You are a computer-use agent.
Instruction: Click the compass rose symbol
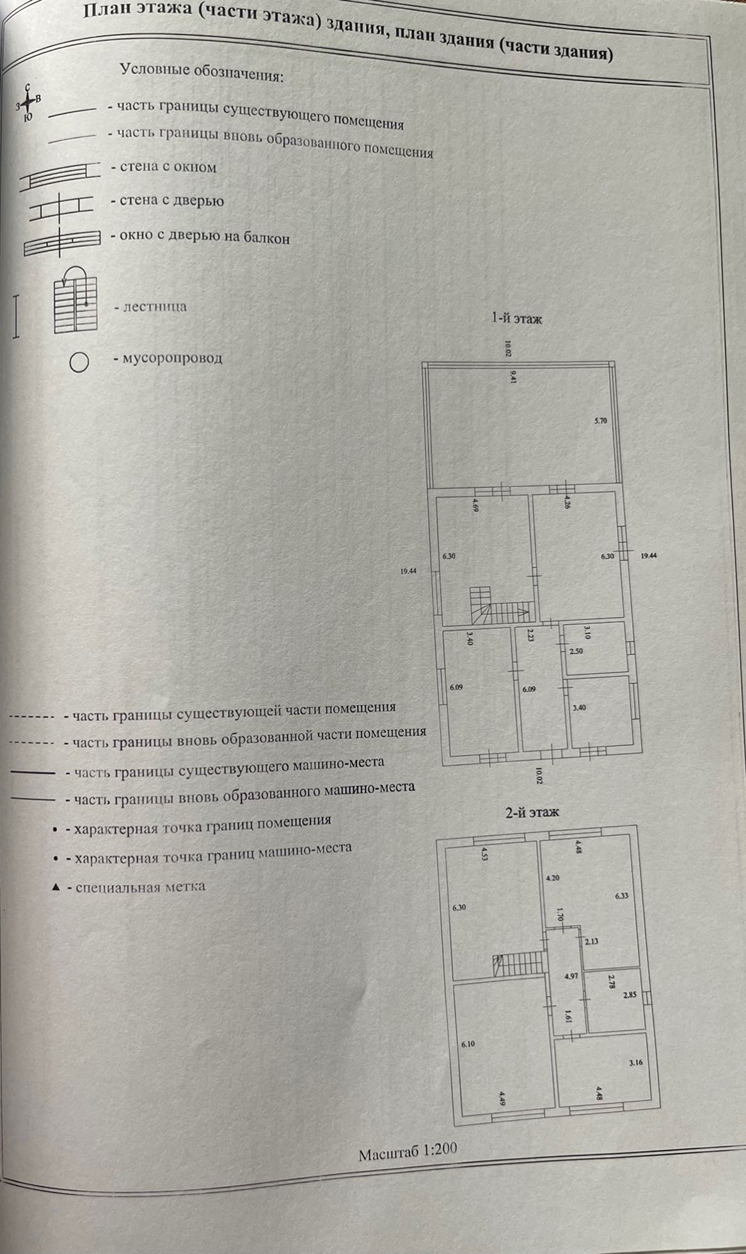(x=28, y=103)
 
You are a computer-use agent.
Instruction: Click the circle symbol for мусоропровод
(x=79, y=363)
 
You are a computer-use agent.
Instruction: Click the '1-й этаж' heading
(x=516, y=317)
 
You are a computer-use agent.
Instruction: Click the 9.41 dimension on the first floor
(x=513, y=376)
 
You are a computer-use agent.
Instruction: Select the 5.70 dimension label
(x=600, y=421)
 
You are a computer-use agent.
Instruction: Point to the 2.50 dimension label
(x=576, y=651)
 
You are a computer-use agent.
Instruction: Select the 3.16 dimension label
(x=635, y=1063)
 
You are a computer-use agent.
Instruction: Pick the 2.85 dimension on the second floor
(x=630, y=995)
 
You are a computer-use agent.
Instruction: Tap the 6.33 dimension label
(x=621, y=896)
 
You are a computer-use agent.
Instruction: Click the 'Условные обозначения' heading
(x=202, y=73)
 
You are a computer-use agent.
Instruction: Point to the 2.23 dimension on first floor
(x=530, y=635)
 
